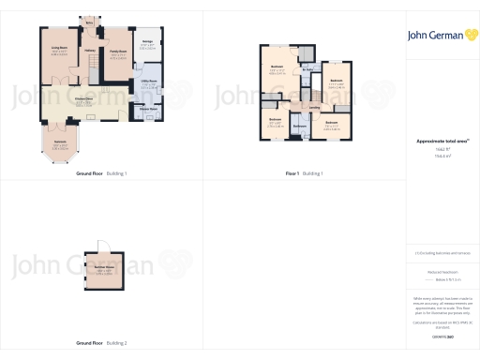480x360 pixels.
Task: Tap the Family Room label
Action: point(118,55)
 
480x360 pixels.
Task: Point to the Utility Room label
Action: point(147,84)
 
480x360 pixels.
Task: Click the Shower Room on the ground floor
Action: point(147,108)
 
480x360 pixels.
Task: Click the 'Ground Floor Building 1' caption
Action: point(101,173)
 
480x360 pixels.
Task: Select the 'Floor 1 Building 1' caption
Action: point(304,173)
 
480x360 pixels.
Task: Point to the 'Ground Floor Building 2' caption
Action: point(101,343)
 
